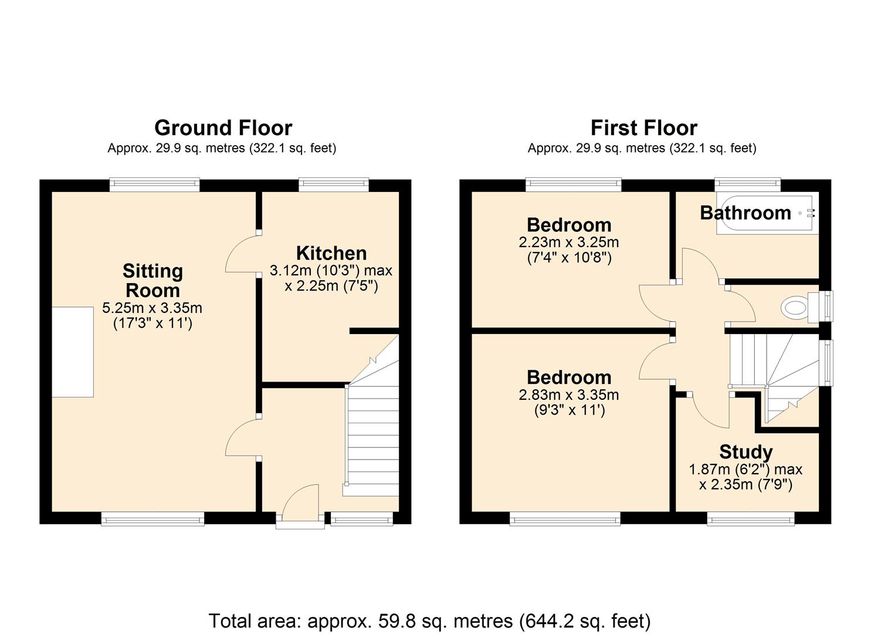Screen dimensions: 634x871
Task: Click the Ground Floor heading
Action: [x=223, y=127]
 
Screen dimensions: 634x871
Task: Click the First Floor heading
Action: [x=643, y=127]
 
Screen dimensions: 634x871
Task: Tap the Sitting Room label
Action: [x=152, y=281]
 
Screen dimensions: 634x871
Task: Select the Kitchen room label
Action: [x=331, y=253]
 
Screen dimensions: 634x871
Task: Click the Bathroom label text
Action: [x=745, y=213]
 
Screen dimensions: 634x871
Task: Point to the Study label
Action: [x=745, y=451]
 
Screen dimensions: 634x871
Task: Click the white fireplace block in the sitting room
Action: [x=72, y=352]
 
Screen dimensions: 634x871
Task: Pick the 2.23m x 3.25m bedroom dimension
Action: [x=568, y=242]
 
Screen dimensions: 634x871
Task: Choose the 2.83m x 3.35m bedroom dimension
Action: [x=568, y=395]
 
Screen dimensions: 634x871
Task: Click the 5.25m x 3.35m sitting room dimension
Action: [x=152, y=308]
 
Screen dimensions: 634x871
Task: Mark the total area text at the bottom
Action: [x=429, y=620]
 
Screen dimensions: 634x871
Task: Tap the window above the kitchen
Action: [x=333, y=185]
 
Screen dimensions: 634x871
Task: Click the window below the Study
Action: [x=750, y=518]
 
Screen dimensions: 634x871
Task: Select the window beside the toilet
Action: [x=826, y=306]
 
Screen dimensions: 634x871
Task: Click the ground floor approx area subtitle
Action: [x=222, y=149]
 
